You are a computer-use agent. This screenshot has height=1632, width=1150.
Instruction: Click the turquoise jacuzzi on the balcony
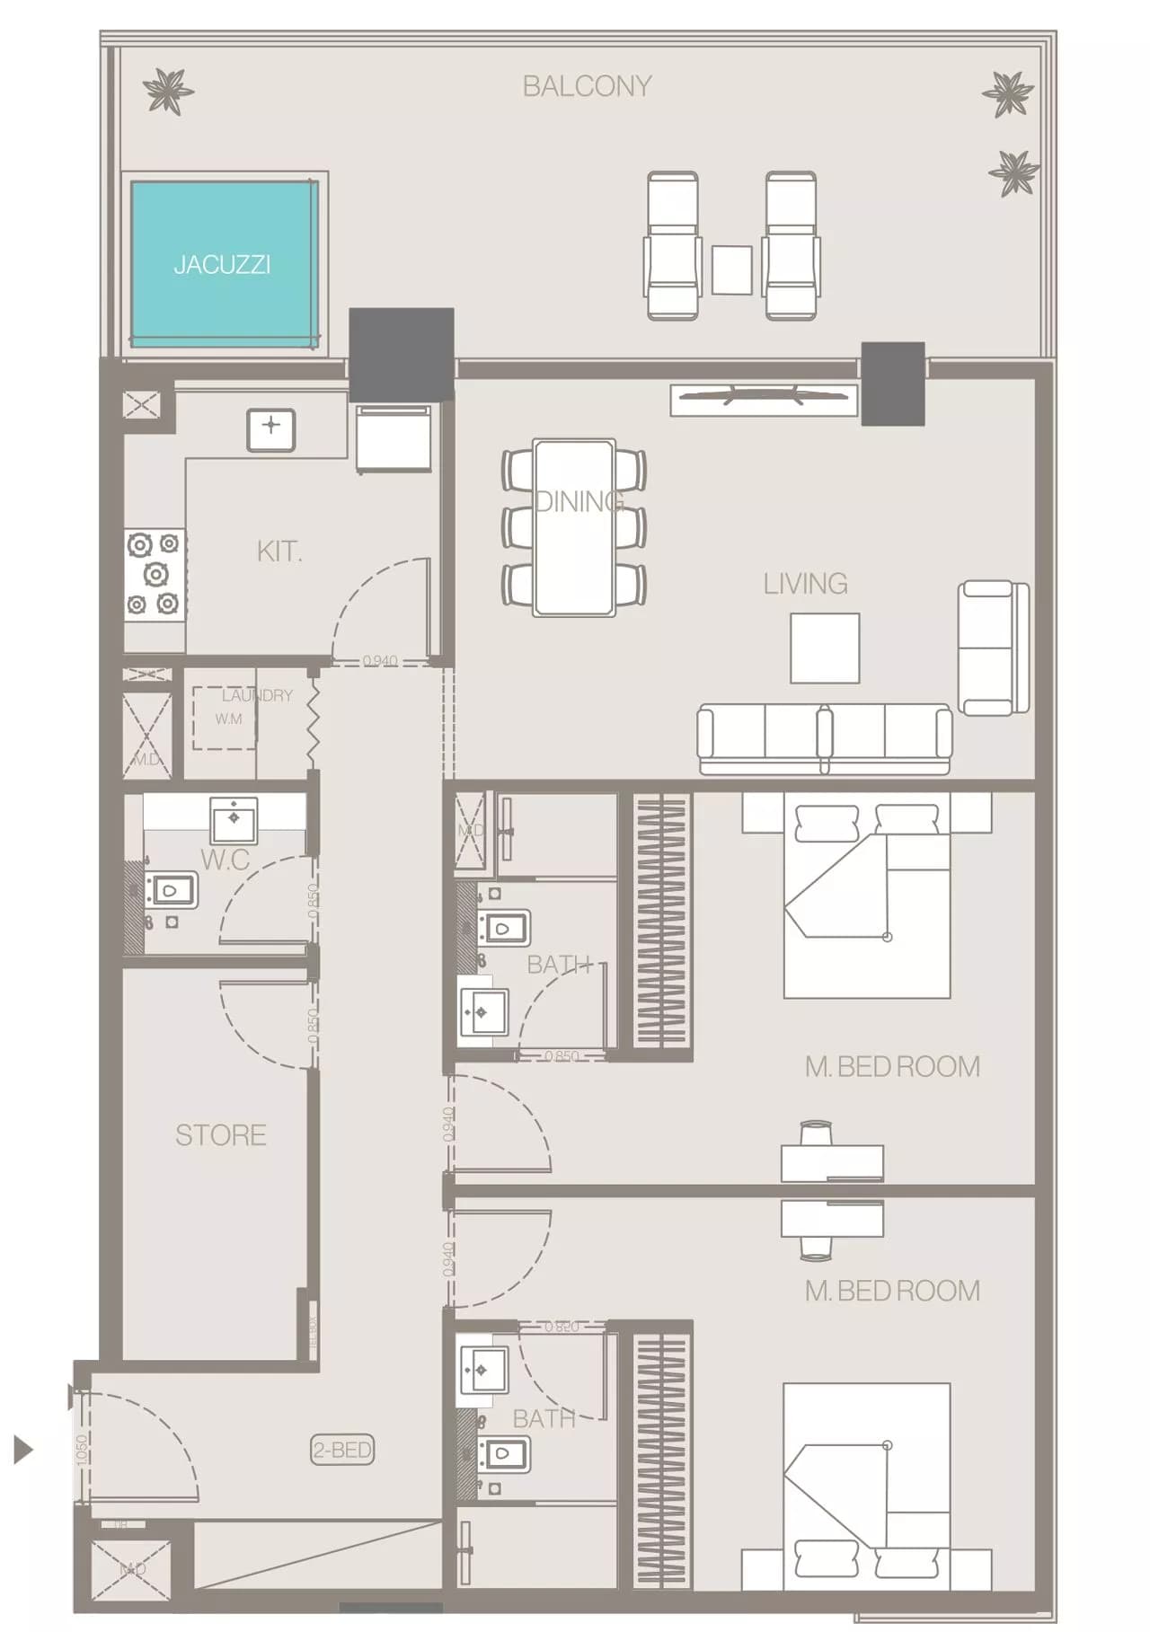(222, 263)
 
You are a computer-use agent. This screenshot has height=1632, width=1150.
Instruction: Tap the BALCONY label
(587, 86)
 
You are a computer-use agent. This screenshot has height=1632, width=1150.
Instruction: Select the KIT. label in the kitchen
(279, 551)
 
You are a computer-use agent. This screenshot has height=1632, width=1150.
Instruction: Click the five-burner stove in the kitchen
(155, 574)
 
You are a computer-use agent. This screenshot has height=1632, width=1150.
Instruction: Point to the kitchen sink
(271, 426)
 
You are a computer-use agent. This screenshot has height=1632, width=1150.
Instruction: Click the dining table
(574, 527)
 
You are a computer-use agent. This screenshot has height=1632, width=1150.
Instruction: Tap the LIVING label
(805, 584)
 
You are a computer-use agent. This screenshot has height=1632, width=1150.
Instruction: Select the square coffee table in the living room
(825, 648)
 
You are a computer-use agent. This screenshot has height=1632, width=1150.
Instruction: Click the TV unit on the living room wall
(764, 400)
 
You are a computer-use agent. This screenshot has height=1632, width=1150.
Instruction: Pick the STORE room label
(220, 1135)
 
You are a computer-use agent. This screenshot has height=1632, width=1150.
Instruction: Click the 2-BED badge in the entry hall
(342, 1449)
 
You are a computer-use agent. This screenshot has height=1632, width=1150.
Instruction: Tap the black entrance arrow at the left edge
(23, 1449)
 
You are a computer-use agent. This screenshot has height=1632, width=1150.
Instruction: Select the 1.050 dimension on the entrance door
(82, 1450)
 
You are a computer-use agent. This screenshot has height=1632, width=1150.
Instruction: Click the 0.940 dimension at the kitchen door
(380, 660)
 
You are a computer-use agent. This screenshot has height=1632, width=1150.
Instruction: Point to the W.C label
(225, 860)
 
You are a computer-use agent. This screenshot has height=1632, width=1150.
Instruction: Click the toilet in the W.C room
(172, 890)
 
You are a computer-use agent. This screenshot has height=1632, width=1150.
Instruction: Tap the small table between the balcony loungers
(732, 269)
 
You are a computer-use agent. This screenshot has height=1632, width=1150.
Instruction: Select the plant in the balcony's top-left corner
(167, 91)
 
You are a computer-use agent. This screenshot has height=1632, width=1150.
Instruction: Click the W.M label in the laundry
(228, 719)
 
